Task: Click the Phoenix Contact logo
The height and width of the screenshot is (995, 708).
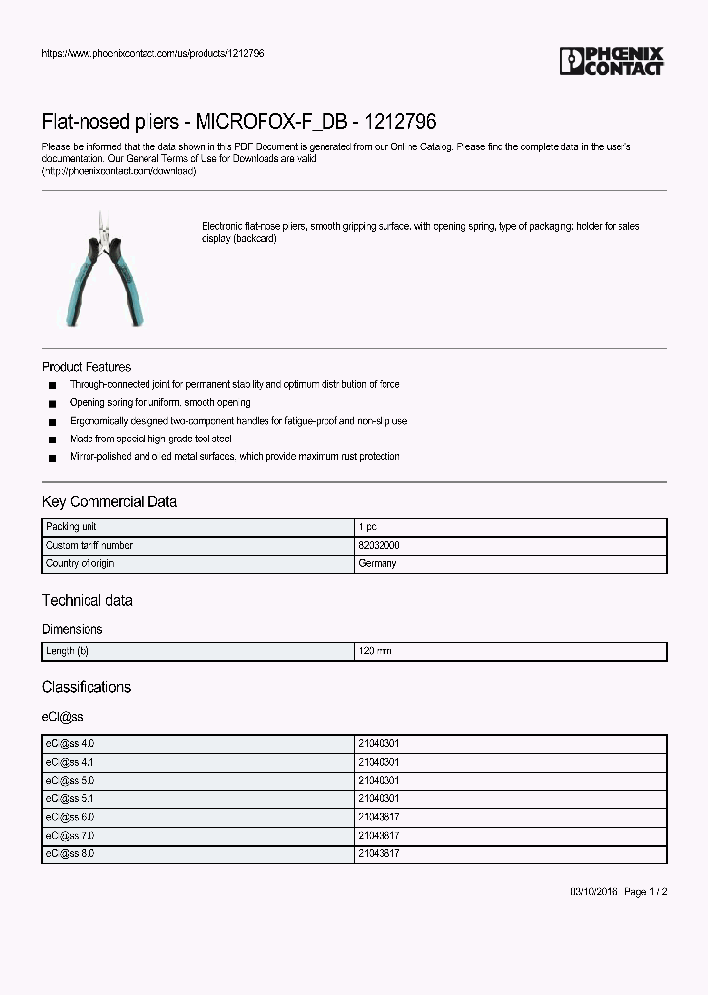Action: click(611, 61)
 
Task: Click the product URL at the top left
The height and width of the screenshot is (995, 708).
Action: click(152, 53)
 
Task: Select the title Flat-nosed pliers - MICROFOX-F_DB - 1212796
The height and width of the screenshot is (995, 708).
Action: click(239, 122)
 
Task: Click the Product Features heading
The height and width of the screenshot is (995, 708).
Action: click(87, 367)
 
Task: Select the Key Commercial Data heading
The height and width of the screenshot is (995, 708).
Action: click(109, 502)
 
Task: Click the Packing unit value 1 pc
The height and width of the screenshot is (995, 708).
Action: click(367, 527)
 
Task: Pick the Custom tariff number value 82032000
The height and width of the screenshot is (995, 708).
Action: click(379, 545)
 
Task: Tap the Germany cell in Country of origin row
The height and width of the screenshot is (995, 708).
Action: click(378, 563)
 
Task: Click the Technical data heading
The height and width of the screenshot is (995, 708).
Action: click(87, 600)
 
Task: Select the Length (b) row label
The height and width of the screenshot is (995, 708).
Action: click(67, 651)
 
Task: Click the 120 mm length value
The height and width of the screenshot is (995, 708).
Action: click(375, 651)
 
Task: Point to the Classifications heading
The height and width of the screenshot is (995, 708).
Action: click(86, 687)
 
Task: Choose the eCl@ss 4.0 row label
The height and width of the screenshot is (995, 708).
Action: click(70, 744)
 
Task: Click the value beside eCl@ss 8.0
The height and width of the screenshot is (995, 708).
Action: click(379, 854)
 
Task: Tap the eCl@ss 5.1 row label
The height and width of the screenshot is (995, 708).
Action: click(70, 799)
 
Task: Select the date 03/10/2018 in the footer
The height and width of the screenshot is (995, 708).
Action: click(595, 892)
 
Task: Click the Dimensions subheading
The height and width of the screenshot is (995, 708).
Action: click(72, 629)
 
